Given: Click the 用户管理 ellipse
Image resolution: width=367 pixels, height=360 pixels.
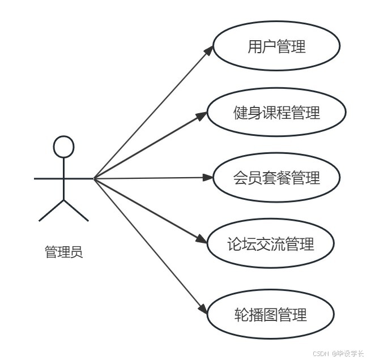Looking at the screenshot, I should tap(276, 46).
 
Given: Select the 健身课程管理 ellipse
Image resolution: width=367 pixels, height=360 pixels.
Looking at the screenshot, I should tap(276, 113).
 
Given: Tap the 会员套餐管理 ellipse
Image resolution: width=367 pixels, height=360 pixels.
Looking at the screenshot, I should tap(276, 178).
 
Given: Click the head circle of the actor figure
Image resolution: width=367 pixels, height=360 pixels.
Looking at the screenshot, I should tap(63, 147).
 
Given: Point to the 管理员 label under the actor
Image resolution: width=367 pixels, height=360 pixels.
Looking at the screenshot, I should tap(63, 252).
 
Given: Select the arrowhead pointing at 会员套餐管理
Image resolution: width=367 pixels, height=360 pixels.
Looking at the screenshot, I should tap(207, 178).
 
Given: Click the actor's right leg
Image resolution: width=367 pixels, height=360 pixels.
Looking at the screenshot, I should tap(77, 211).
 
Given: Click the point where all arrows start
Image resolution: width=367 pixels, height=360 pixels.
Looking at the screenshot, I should tap(94, 179).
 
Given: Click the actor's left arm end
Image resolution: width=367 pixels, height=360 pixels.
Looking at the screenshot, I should tap(36, 178).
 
